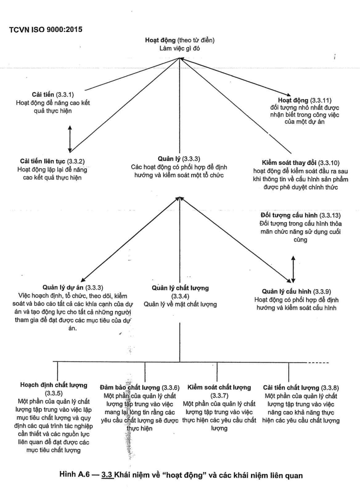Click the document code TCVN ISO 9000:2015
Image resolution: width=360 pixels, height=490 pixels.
coord(46,30)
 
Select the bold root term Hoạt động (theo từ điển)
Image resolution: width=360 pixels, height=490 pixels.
coord(160,40)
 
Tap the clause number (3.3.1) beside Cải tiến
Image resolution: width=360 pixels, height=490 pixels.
coord(65,95)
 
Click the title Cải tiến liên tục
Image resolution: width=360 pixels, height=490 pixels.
coord(43,161)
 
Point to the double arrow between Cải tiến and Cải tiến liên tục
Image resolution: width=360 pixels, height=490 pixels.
coord(70,138)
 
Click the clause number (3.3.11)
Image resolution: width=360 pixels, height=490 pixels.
coord(321,100)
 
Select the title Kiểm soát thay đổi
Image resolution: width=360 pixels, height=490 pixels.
coord(289,163)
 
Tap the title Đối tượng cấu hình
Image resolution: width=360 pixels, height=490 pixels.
coord(289,215)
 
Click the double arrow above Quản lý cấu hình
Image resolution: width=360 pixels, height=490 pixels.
coord(293,269)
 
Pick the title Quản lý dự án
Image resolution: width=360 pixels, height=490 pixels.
coord(63,288)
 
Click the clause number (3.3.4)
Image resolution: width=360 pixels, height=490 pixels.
coord(180,296)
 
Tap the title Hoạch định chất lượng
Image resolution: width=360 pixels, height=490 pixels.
coord(54,385)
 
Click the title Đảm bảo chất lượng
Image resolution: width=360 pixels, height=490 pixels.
coord(130,388)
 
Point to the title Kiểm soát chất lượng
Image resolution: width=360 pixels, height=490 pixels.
coord(219,388)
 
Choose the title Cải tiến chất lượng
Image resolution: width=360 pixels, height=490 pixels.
coord(291,388)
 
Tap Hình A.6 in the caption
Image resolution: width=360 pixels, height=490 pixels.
coord(74,475)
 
